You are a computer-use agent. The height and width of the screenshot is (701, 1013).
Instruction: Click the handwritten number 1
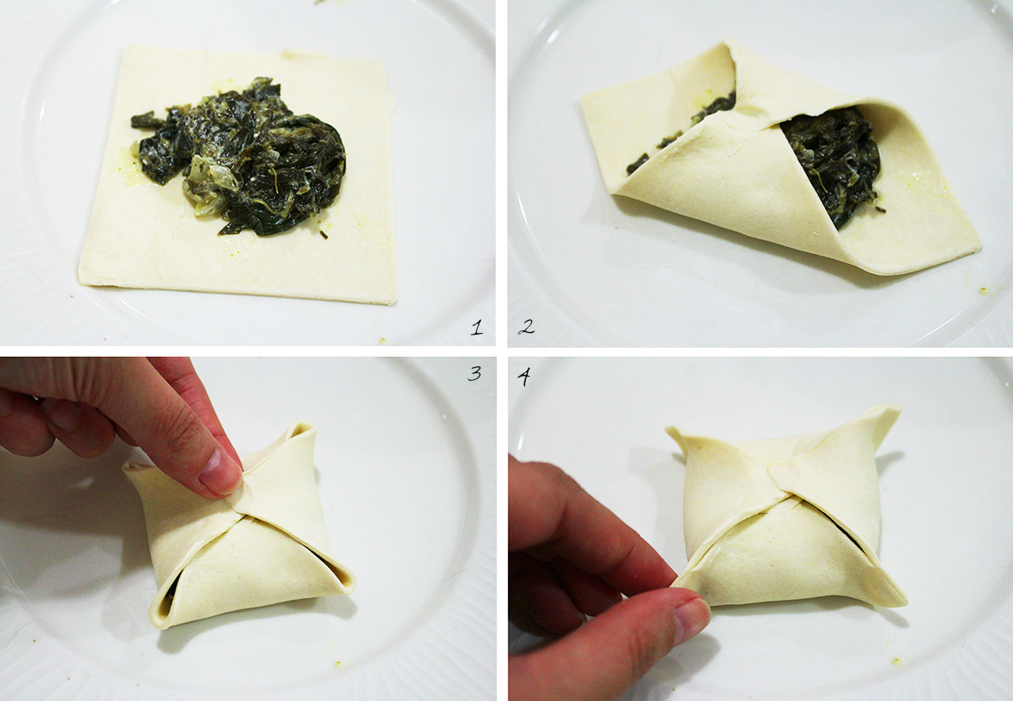(477, 328)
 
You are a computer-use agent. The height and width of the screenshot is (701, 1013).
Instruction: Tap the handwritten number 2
(527, 327)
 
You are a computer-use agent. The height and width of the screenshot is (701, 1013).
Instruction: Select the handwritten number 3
(475, 373)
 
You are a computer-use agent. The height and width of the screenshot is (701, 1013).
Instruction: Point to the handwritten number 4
(525, 376)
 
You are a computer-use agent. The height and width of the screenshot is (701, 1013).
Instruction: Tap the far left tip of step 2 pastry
(582, 98)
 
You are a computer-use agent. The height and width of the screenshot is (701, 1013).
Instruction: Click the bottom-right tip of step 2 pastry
(978, 250)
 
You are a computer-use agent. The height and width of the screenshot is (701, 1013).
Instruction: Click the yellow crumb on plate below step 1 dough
(383, 340)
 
